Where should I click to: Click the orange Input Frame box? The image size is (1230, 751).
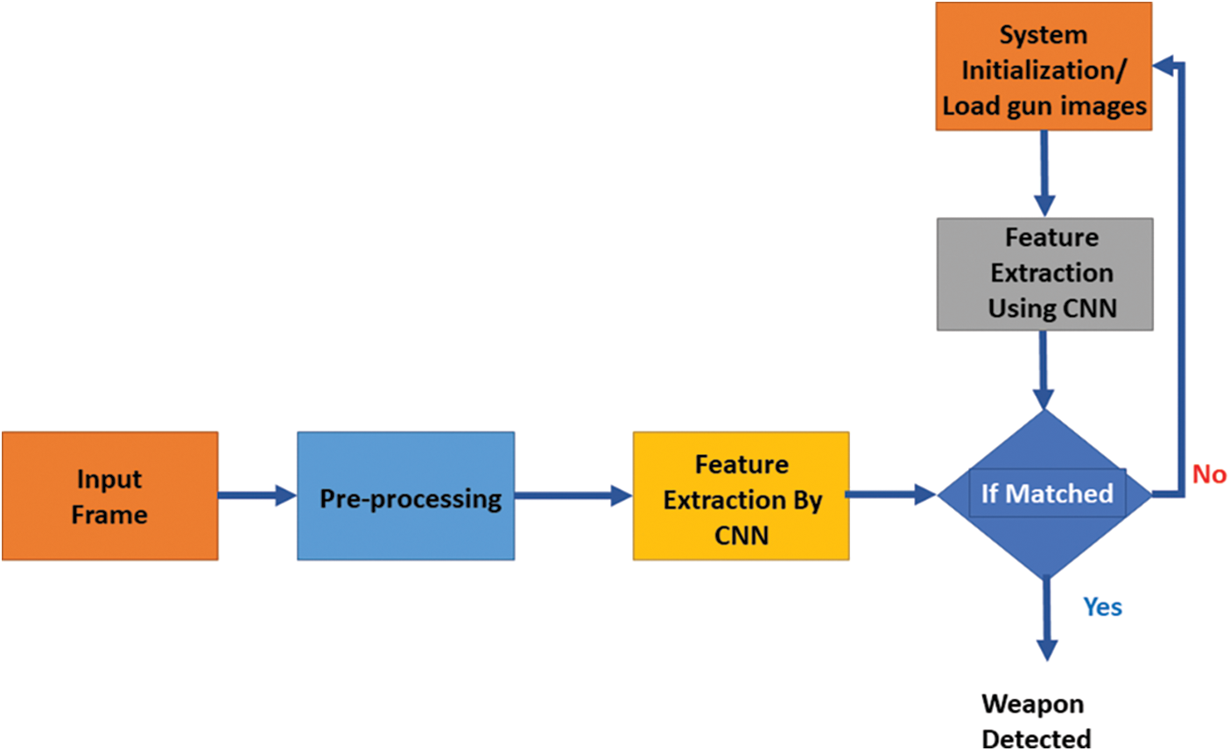tap(109, 495)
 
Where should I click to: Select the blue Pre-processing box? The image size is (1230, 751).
tap(405, 495)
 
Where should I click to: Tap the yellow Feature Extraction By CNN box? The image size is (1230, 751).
tap(741, 495)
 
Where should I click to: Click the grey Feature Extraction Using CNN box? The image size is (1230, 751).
tap(1044, 274)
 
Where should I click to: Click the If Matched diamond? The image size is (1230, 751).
tap(1045, 494)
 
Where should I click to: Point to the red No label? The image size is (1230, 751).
tap(1209, 474)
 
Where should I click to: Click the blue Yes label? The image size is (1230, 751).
tap(1102, 607)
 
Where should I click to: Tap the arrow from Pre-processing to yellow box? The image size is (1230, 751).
tap(573, 496)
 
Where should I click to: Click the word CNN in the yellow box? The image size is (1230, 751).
tap(741, 535)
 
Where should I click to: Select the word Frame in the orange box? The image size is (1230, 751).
tap(109, 514)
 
